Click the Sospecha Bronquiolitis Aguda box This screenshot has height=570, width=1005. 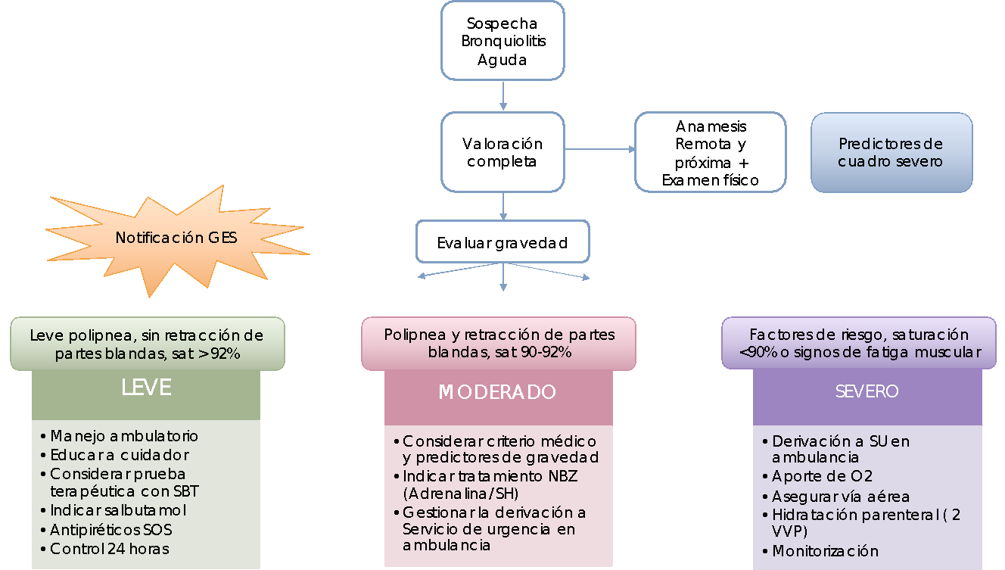[x=502, y=41]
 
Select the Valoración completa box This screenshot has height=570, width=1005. [x=502, y=152]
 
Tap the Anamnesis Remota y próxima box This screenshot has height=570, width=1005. [x=710, y=153]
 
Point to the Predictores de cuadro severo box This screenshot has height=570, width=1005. [x=891, y=153]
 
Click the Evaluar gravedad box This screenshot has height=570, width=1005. [x=502, y=243]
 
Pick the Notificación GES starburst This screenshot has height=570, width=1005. [x=176, y=238]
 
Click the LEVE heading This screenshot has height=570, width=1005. [x=146, y=388]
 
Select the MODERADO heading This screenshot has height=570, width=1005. [x=497, y=392]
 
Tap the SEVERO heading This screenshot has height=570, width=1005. [x=867, y=391]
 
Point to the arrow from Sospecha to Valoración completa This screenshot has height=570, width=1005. [x=503, y=96]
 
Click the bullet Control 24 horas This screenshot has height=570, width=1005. [x=109, y=549]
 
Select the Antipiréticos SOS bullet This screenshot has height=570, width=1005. [x=111, y=530]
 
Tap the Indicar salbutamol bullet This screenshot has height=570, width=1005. [x=118, y=511]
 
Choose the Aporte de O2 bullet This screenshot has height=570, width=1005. [x=822, y=477]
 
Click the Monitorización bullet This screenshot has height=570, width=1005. [x=825, y=551]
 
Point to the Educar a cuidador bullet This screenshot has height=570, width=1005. [x=120, y=455]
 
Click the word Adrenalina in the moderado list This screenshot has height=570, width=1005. [x=439, y=494]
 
